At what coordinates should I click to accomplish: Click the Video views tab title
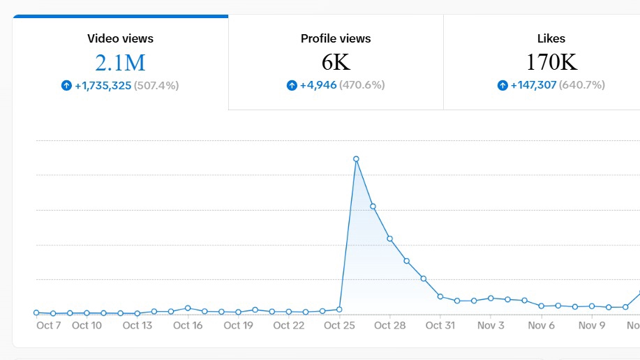[121, 38]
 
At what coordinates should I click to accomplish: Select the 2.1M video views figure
[121, 63]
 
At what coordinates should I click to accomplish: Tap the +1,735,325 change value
[103, 86]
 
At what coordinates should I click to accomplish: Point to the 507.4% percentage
[156, 86]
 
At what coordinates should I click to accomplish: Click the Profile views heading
[336, 38]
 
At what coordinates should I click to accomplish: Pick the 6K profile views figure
[336, 62]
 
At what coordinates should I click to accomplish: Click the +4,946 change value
[318, 85]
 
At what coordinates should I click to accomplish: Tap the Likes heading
[551, 38]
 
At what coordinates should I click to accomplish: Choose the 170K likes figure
[551, 62]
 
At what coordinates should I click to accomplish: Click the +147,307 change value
[533, 85]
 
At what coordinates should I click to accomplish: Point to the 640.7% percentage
[582, 85]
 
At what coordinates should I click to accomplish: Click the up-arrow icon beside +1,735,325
[66, 85]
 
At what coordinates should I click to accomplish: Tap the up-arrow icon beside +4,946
[292, 85]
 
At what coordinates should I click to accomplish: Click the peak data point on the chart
[356, 159]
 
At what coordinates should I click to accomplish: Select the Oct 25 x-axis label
[339, 325]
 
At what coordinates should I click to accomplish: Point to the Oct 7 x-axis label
[49, 325]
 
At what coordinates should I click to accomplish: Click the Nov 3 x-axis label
[491, 325]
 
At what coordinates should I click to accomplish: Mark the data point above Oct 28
[390, 239]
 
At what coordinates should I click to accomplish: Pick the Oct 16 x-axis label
[188, 325]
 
